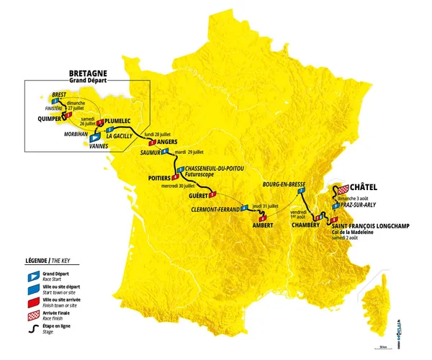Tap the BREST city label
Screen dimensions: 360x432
[x=61, y=94]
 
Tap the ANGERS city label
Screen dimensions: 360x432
[x=168, y=143]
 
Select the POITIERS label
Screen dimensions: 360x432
[x=158, y=176]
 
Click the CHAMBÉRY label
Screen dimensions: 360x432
[x=305, y=225]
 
